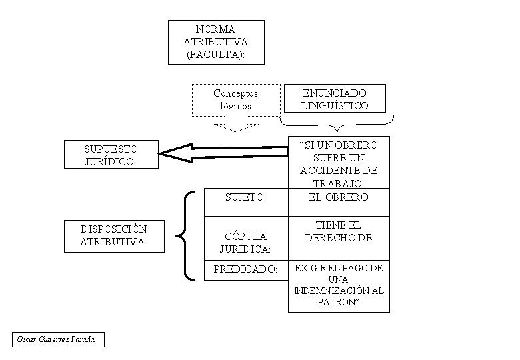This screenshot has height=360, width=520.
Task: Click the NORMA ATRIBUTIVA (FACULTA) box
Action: (216, 42)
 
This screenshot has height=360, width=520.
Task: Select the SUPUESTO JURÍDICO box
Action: (111, 155)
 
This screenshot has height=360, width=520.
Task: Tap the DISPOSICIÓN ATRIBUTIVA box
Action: (113, 236)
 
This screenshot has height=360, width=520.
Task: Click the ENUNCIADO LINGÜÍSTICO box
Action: (335, 99)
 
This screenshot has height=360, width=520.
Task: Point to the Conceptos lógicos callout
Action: (235, 99)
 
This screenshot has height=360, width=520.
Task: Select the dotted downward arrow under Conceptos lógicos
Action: (235, 125)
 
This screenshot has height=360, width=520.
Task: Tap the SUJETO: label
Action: (245, 197)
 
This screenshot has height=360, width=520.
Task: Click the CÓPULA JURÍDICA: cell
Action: (245, 243)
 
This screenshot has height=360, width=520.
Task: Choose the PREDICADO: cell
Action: (245, 269)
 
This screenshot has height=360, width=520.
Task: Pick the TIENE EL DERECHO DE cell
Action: (339, 231)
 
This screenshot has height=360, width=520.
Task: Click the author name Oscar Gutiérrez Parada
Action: (57, 340)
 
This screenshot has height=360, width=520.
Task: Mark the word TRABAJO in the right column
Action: (338, 183)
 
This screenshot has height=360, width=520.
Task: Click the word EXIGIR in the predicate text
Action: (308, 268)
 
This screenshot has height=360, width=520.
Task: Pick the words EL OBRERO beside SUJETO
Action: (339, 196)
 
